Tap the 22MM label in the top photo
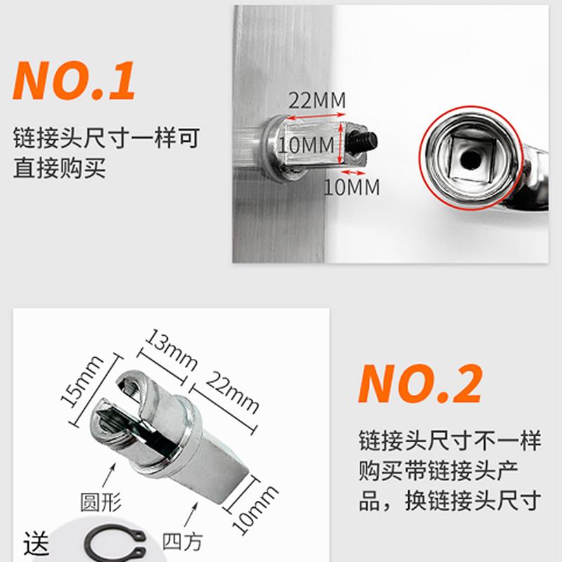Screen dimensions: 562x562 [318, 100]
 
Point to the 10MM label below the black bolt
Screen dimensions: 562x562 [351, 188]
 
